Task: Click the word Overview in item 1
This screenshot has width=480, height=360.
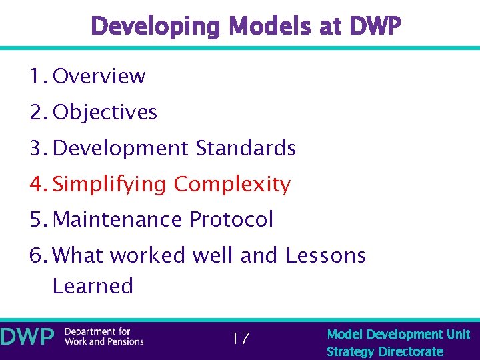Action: click(99, 76)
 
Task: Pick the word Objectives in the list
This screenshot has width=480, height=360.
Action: click(105, 112)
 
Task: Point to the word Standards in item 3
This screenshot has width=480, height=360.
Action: click(246, 148)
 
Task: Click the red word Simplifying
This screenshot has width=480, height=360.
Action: click(110, 184)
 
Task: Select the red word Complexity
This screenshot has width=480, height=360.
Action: click(232, 184)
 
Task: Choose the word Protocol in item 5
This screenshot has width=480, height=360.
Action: click(231, 219)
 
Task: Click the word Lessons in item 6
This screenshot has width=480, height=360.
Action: click(325, 255)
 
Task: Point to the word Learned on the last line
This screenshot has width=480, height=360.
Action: click(93, 286)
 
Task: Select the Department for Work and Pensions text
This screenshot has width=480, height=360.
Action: click(103, 337)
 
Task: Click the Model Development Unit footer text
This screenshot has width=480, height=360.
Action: click(398, 334)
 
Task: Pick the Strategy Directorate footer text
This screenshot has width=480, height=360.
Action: click(385, 351)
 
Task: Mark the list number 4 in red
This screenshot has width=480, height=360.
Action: click(36, 184)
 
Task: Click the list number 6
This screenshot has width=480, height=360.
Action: click(36, 255)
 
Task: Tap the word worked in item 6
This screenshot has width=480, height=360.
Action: click(139, 255)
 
